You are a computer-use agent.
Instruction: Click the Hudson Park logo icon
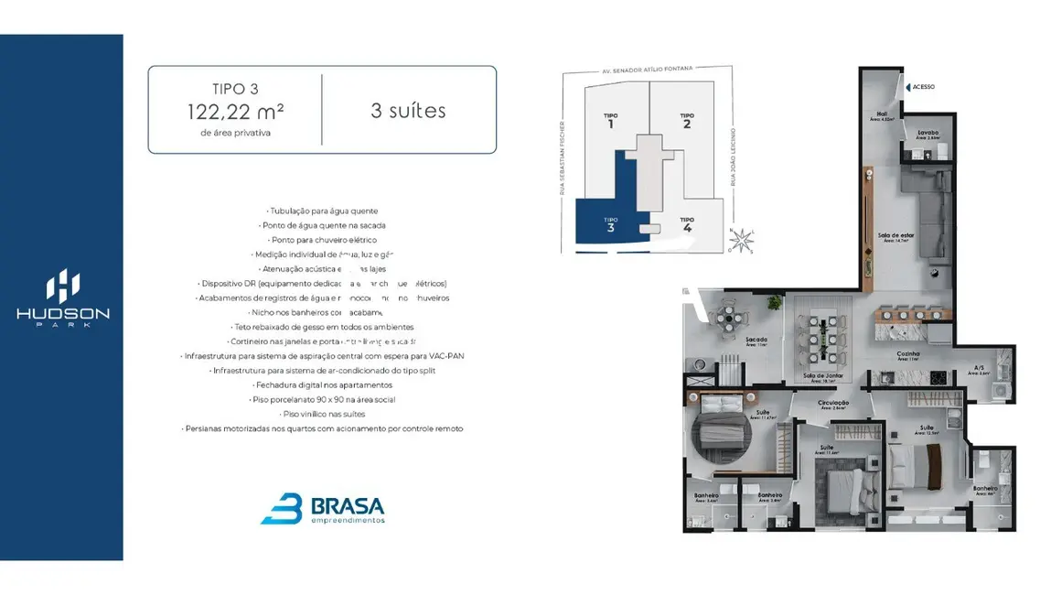62,286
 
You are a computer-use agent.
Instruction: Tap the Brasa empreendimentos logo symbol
281,508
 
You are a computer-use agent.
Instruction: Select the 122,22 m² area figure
235,112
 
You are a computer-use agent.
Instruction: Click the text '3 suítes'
408,111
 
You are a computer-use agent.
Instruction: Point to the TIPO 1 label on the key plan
610,120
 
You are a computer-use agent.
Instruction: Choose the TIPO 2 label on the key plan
686,120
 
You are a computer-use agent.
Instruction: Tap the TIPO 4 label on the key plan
687,223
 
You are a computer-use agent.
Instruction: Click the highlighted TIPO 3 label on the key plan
610,223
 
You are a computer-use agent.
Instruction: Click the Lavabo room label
928,133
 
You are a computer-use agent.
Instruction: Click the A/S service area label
979,370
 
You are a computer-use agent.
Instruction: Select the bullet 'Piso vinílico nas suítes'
321,414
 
